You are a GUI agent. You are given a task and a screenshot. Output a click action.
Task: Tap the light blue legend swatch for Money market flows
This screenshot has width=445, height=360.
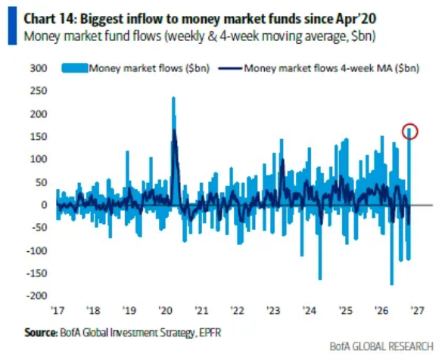[x=75, y=68]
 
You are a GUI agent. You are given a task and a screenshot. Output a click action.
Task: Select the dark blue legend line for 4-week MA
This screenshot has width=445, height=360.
[x=230, y=68]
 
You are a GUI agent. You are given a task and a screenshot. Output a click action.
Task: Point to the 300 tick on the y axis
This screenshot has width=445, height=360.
[x=39, y=68]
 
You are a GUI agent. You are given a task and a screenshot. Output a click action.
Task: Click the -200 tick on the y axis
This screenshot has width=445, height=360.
[x=37, y=296]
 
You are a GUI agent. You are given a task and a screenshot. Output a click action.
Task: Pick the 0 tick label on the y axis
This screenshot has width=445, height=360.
[x=44, y=205]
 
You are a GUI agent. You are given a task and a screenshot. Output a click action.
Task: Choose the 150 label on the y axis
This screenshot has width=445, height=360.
[x=39, y=137]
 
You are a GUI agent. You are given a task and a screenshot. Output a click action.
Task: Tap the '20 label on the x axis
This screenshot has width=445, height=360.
[x=165, y=310]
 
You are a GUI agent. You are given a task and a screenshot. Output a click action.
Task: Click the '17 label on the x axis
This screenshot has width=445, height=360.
[x=58, y=310]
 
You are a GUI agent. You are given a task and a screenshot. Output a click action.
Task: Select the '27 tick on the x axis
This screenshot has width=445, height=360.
[x=418, y=310]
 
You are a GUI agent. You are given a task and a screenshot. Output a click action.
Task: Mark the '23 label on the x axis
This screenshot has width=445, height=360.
[x=273, y=310]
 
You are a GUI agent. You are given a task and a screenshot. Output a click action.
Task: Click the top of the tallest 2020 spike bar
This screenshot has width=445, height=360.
[x=174, y=98]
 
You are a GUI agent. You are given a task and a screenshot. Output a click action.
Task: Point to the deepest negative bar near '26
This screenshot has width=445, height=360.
[x=392, y=284]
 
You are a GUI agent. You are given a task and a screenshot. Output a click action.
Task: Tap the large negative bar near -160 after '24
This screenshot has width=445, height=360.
[x=320, y=279]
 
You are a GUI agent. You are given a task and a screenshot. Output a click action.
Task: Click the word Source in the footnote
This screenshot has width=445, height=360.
[x=41, y=333]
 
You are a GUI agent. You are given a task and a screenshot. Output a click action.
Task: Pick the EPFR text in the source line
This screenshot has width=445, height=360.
[x=210, y=333]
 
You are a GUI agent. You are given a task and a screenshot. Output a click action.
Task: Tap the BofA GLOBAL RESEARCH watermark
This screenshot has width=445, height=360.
[x=381, y=346]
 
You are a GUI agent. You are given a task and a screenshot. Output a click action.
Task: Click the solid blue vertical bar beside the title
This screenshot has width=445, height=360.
[x=12, y=26]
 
